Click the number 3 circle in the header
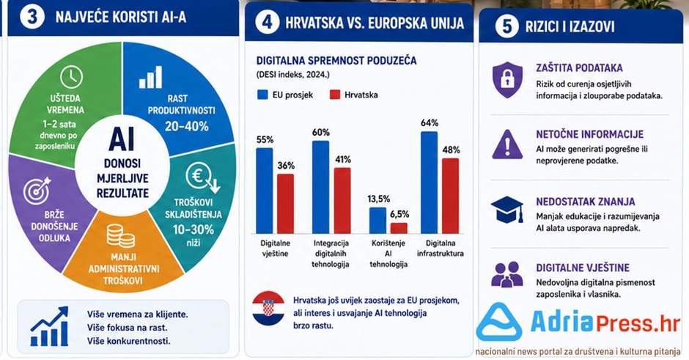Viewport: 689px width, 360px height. coord(32,17)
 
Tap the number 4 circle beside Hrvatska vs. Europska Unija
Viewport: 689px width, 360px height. coord(267,22)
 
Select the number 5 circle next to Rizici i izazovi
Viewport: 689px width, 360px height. coord(506,26)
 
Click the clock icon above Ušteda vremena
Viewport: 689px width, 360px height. coord(71,76)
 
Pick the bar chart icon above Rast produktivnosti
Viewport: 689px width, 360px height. coord(151,78)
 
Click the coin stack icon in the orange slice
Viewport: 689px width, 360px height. coord(121,235)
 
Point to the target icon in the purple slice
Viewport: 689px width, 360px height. coord(37,191)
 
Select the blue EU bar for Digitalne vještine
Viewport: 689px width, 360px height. coord(265,191)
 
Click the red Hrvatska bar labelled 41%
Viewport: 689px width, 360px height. coord(342,200)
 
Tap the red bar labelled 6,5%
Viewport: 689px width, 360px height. coord(399,228)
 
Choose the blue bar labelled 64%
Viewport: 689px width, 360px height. coord(429,183)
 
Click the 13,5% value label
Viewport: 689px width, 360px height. coord(379,199)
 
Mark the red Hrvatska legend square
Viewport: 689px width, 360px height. coord(335,95)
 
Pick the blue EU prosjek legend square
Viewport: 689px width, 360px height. coord(262,95)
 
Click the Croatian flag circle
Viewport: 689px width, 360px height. coord(268,308)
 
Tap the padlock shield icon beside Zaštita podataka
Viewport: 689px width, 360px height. coord(507,80)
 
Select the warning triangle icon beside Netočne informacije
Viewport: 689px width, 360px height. coord(507,144)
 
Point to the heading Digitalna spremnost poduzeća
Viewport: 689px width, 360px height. coord(336,60)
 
